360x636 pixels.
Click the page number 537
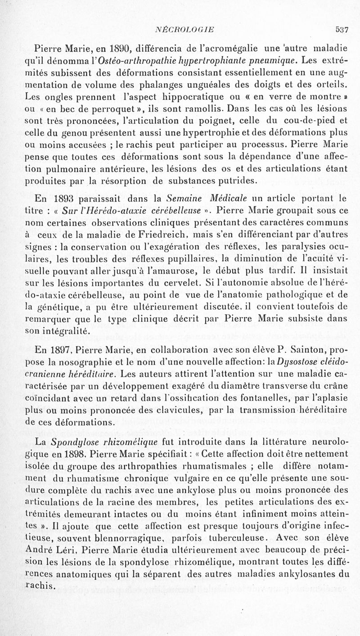point(342,30)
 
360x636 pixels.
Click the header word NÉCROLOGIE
point(184,30)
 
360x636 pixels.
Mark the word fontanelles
point(260,397)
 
